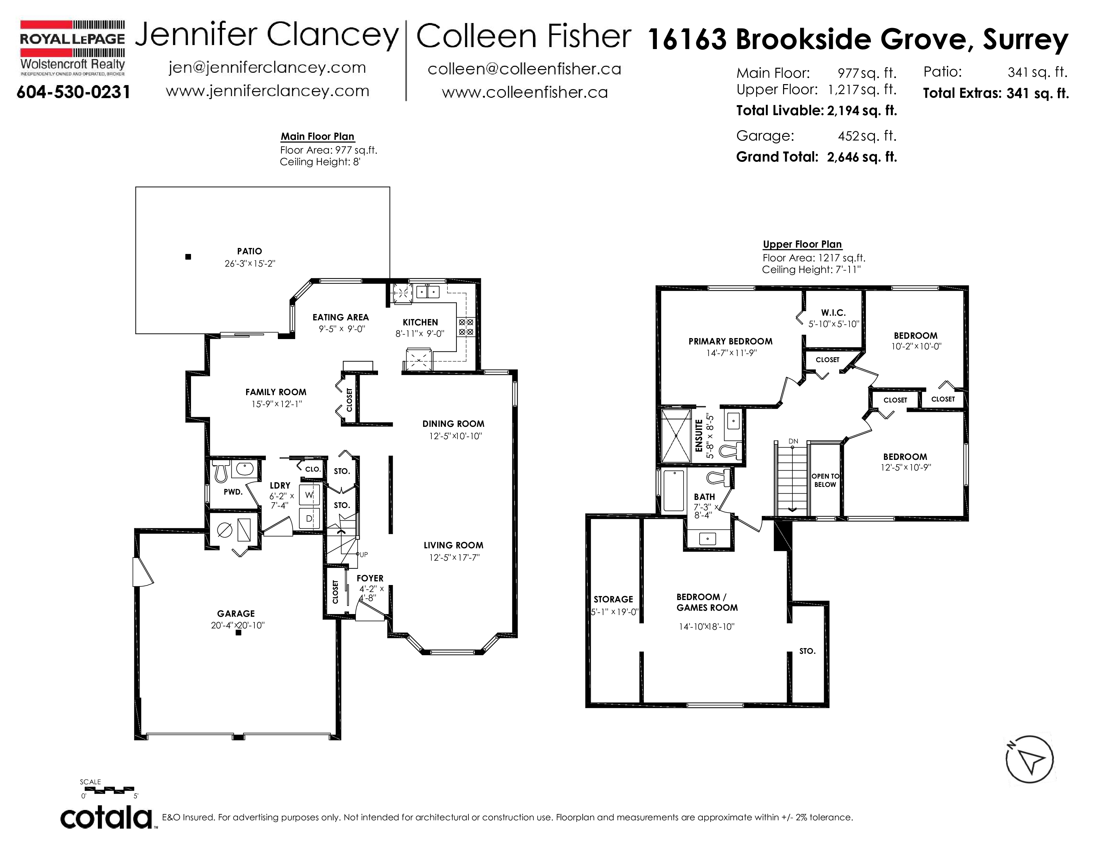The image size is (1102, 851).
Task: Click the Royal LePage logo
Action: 72,48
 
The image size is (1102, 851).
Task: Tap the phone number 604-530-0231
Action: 74,92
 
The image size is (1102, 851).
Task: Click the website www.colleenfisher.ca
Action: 525,92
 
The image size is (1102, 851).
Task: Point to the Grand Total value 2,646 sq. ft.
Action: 862,157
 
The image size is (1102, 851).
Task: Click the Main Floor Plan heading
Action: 317,136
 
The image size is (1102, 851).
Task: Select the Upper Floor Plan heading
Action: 802,245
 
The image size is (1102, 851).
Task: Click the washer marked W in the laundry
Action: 309,495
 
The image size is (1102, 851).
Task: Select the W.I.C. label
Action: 833,313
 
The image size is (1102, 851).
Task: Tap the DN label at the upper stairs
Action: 793,441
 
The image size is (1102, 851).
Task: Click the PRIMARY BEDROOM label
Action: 731,341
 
